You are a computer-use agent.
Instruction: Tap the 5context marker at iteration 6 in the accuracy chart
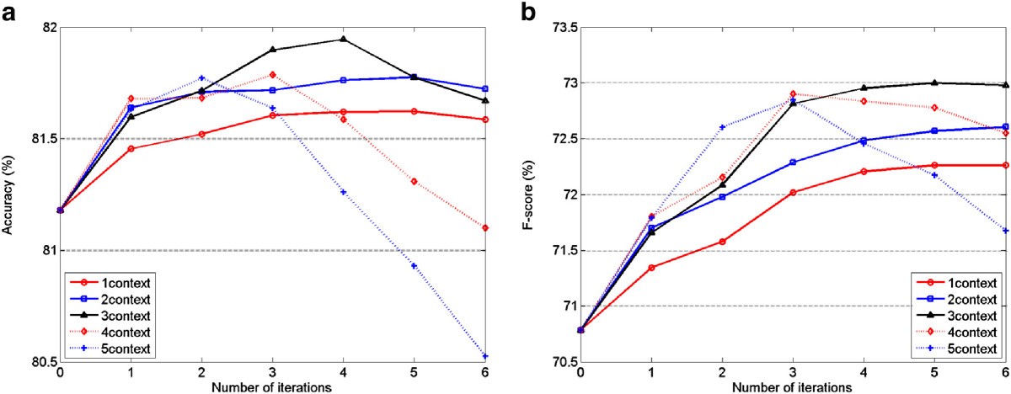click(x=486, y=356)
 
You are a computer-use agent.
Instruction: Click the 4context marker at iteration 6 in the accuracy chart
click(x=486, y=228)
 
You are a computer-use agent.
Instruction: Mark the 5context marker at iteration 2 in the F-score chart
click(x=722, y=127)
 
